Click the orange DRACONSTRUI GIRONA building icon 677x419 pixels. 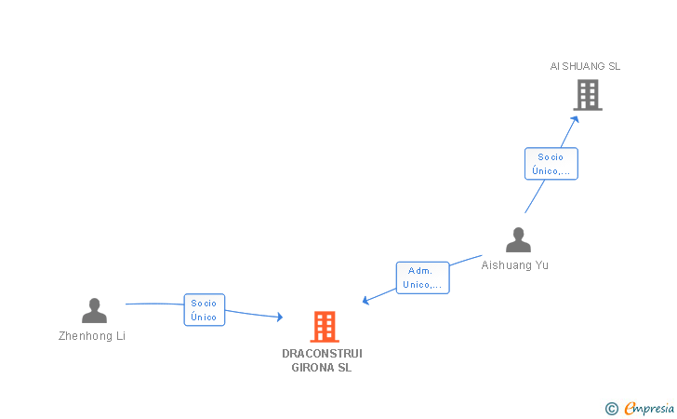[x=324, y=327]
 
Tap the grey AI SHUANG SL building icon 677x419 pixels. [x=587, y=95]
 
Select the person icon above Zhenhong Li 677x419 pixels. [x=94, y=310]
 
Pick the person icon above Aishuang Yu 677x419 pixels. [x=518, y=240]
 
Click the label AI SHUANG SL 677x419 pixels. [x=585, y=66]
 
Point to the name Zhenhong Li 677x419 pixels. [x=92, y=336]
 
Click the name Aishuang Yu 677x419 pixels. [x=515, y=265]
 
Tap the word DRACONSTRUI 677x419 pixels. [x=322, y=354]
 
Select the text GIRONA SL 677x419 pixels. [x=322, y=368]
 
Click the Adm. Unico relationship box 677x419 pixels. [x=423, y=277]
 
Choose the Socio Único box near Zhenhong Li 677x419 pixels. [x=204, y=310]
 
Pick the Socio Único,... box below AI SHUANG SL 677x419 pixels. [x=551, y=164]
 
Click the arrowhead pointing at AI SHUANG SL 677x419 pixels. [x=576, y=117]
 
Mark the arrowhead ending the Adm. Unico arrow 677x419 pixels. [x=365, y=301]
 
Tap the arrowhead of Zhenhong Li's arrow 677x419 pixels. [x=278, y=318]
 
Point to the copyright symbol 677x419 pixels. [x=611, y=408]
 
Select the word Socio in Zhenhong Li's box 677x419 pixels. [x=204, y=303]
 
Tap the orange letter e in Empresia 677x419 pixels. [x=630, y=409]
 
